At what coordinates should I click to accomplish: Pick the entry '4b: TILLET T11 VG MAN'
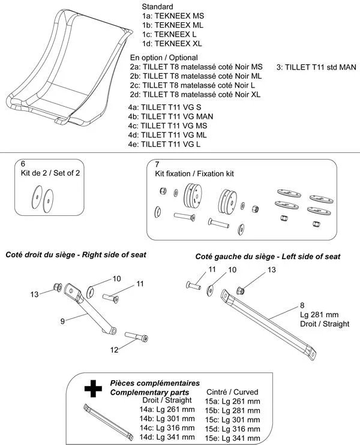(171, 116)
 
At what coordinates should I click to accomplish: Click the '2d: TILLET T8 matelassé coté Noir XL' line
(196, 95)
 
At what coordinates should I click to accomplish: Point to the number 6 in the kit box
(23, 163)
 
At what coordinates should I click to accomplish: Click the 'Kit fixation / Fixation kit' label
(190, 173)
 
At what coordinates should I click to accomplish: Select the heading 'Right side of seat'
(114, 255)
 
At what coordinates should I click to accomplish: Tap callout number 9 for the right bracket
(62, 321)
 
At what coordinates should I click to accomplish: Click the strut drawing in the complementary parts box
(108, 420)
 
